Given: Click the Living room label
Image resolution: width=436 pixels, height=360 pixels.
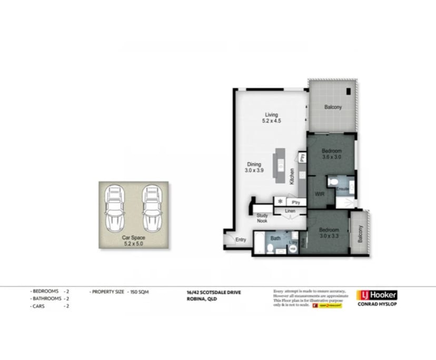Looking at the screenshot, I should [x=271, y=118].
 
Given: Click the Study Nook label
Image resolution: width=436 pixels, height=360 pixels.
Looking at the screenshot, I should [x=262, y=218].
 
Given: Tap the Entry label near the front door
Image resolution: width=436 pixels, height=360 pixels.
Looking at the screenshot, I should [x=241, y=240].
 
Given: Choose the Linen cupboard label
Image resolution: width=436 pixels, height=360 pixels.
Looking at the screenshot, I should [x=290, y=211].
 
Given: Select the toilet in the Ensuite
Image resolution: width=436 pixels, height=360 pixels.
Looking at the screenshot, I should [x=333, y=182].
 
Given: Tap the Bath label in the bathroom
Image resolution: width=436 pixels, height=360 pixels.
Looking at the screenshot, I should [x=275, y=238].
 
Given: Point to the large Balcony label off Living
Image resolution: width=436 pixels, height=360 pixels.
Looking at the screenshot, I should [x=333, y=107].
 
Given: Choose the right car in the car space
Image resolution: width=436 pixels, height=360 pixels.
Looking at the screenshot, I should [x=151, y=208].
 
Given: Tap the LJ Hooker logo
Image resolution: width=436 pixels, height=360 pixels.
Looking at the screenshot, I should [x=376, y=295].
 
